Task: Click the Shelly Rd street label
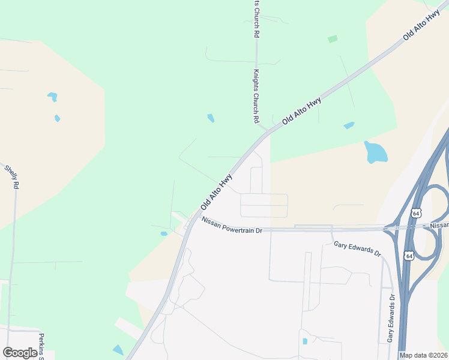point(11,177)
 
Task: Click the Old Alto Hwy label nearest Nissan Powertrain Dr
point(217,192)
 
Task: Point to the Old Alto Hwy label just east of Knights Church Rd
point(301,110)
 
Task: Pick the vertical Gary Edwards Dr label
point(391,319)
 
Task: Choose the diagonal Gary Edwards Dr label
point(358,248)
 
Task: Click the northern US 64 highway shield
point(416,213)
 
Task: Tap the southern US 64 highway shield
point(409,256)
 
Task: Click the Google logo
point(20,353)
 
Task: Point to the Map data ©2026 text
point(423,355)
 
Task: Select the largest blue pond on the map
point(375,152)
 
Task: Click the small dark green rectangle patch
point(333,39)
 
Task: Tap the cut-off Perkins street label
point(42,346)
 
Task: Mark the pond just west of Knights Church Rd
point(211,118)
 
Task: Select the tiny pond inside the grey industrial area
point(305,341)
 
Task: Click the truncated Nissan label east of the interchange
point(439,225)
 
